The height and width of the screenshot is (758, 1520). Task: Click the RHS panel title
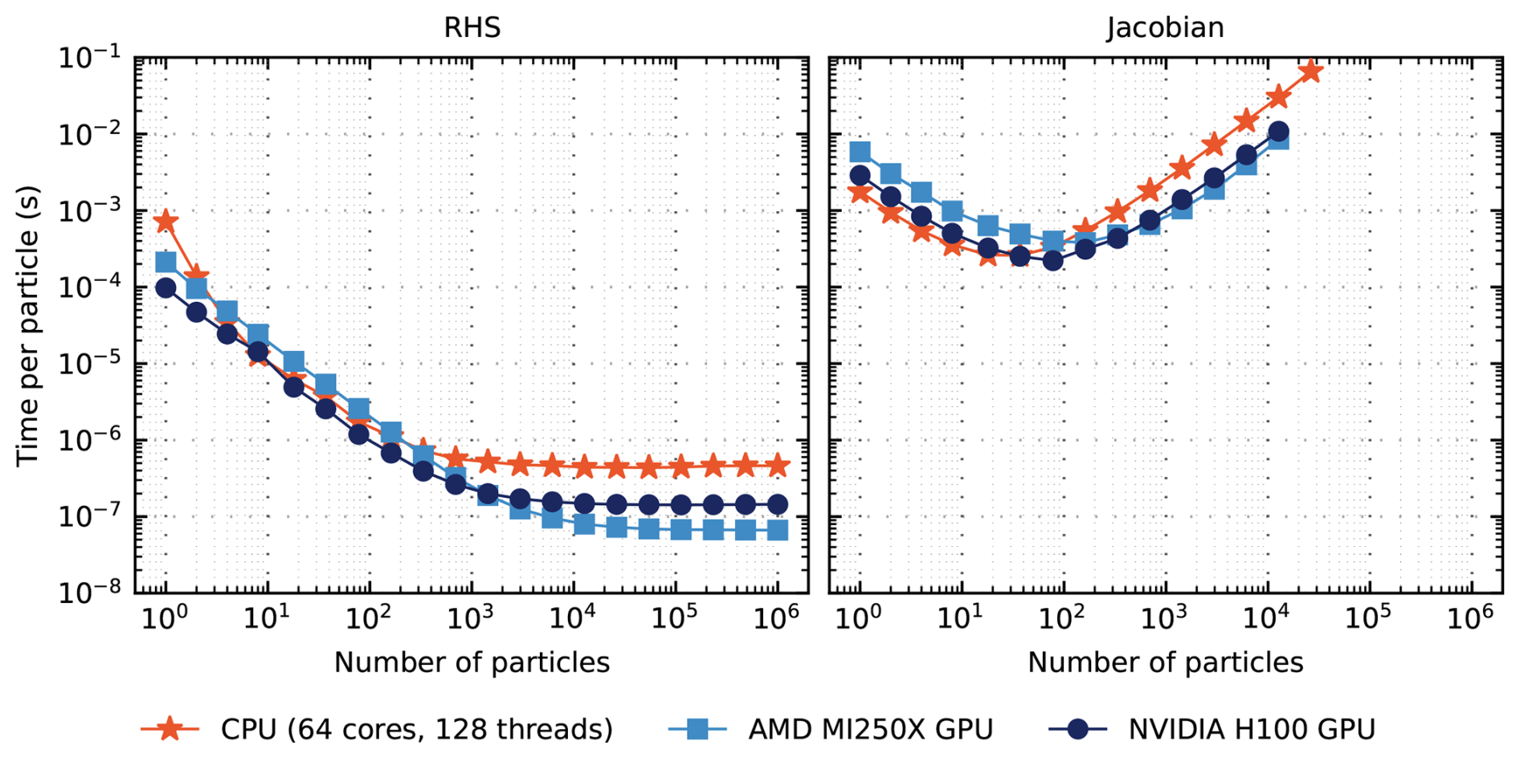click(472, 27)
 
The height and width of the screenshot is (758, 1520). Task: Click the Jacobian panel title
click(1165, 27)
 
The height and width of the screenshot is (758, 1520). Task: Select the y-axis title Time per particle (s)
click(27, 325)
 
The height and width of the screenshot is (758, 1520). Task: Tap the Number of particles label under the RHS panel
click(472, 662)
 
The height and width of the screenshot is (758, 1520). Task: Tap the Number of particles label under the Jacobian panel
click(1165, 662)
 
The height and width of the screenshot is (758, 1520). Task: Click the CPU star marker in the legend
click(170, 729)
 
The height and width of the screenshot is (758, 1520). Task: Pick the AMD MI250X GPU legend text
click(870, 729)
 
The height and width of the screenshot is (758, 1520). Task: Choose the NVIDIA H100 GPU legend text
click(1252, 729)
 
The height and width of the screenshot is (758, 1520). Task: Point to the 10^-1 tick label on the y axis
click(89, 58)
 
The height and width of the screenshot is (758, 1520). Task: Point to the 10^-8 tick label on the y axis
click(89, 593)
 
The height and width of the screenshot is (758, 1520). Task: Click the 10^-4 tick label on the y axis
click(89, 287)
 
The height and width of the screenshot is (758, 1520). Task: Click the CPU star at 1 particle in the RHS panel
click(165, 221)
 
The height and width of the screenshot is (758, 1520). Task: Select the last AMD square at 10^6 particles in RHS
click(777, 530)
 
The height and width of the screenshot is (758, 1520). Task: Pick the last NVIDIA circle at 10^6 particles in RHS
click(777, 504)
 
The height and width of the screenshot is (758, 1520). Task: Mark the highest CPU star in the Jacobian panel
click(1311, 71)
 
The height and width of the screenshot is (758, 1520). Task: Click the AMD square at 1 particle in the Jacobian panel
click(860, 152)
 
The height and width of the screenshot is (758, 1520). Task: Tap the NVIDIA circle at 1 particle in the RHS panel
click(165, 287)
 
